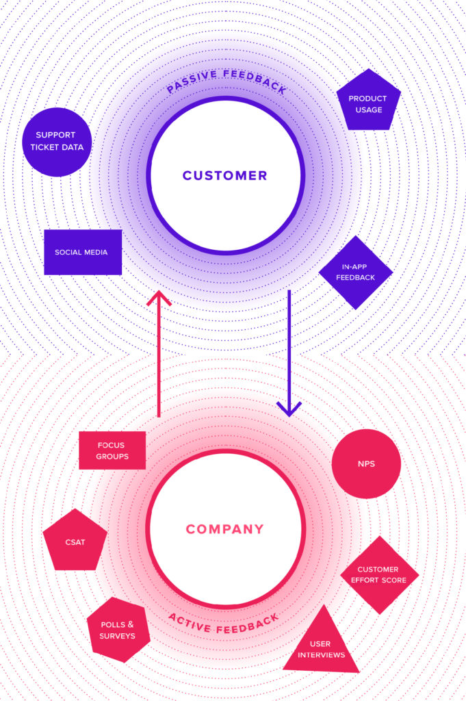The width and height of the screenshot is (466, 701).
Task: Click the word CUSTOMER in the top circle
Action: tap(224, 176)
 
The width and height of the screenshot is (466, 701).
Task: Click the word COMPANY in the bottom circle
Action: tap(224, 529)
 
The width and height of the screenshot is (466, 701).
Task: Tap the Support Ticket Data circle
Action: tap(57, 142)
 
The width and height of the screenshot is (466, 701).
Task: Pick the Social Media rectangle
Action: tap(83, 252)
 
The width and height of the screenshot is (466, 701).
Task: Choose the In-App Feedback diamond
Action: tap(356, 272)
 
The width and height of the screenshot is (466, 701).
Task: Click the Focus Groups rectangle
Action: tap(112, 450)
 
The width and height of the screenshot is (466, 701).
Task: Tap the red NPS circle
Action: tap(366, 464)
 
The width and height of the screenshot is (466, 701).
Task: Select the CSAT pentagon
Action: tap(75, 541)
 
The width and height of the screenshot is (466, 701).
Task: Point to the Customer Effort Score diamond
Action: tap(379, 574)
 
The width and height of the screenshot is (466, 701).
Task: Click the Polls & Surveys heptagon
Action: tap(118, 630)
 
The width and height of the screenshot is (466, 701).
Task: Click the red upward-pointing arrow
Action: tap(159, 356)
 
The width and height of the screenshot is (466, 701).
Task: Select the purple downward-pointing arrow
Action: tap(289, 349)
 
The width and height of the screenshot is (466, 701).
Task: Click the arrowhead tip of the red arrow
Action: tap(159, 293)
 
